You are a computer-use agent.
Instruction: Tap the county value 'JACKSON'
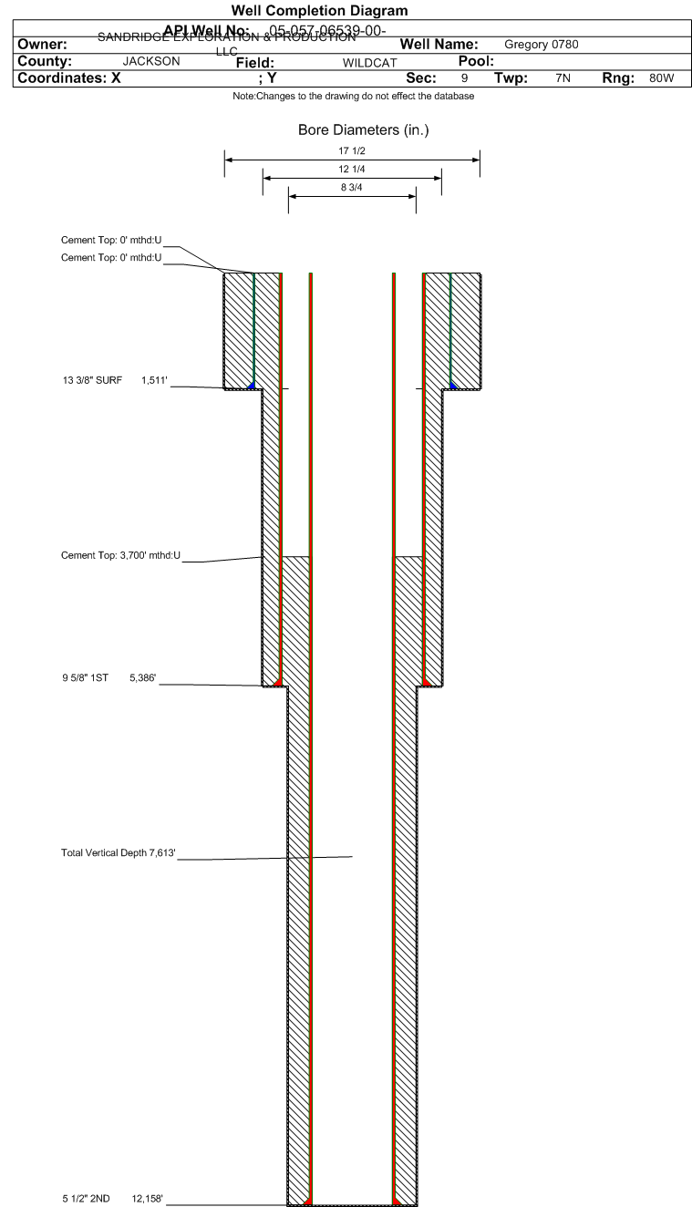(x=150, y=62)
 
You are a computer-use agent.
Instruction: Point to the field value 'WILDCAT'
(x=369, y=63)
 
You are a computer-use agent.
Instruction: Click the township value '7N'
(x=562, y=78)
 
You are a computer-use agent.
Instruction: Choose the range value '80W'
(x=661, y=78)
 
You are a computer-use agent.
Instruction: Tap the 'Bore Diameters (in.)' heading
(x=363, y=130)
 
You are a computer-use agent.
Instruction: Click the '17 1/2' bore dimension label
(x=351, y=150)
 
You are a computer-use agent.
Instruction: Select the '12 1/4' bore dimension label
(x=351, y=169)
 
